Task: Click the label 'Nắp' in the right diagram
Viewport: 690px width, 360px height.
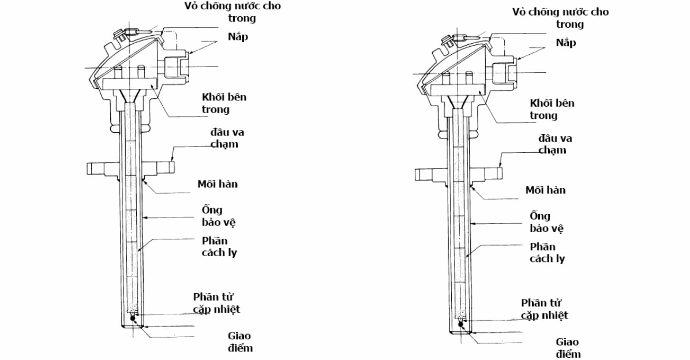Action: (x=565, y=43)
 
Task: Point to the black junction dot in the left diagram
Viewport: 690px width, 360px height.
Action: (x=133, y=317)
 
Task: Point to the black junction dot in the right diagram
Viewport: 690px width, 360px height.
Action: (x=460, y=324)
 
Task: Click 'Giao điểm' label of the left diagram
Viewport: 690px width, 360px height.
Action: (x=239, y=342)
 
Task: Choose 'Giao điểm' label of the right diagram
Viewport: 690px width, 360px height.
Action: (x=568, y=348)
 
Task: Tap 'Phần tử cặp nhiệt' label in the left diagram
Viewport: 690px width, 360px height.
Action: (x=216, y=303)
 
